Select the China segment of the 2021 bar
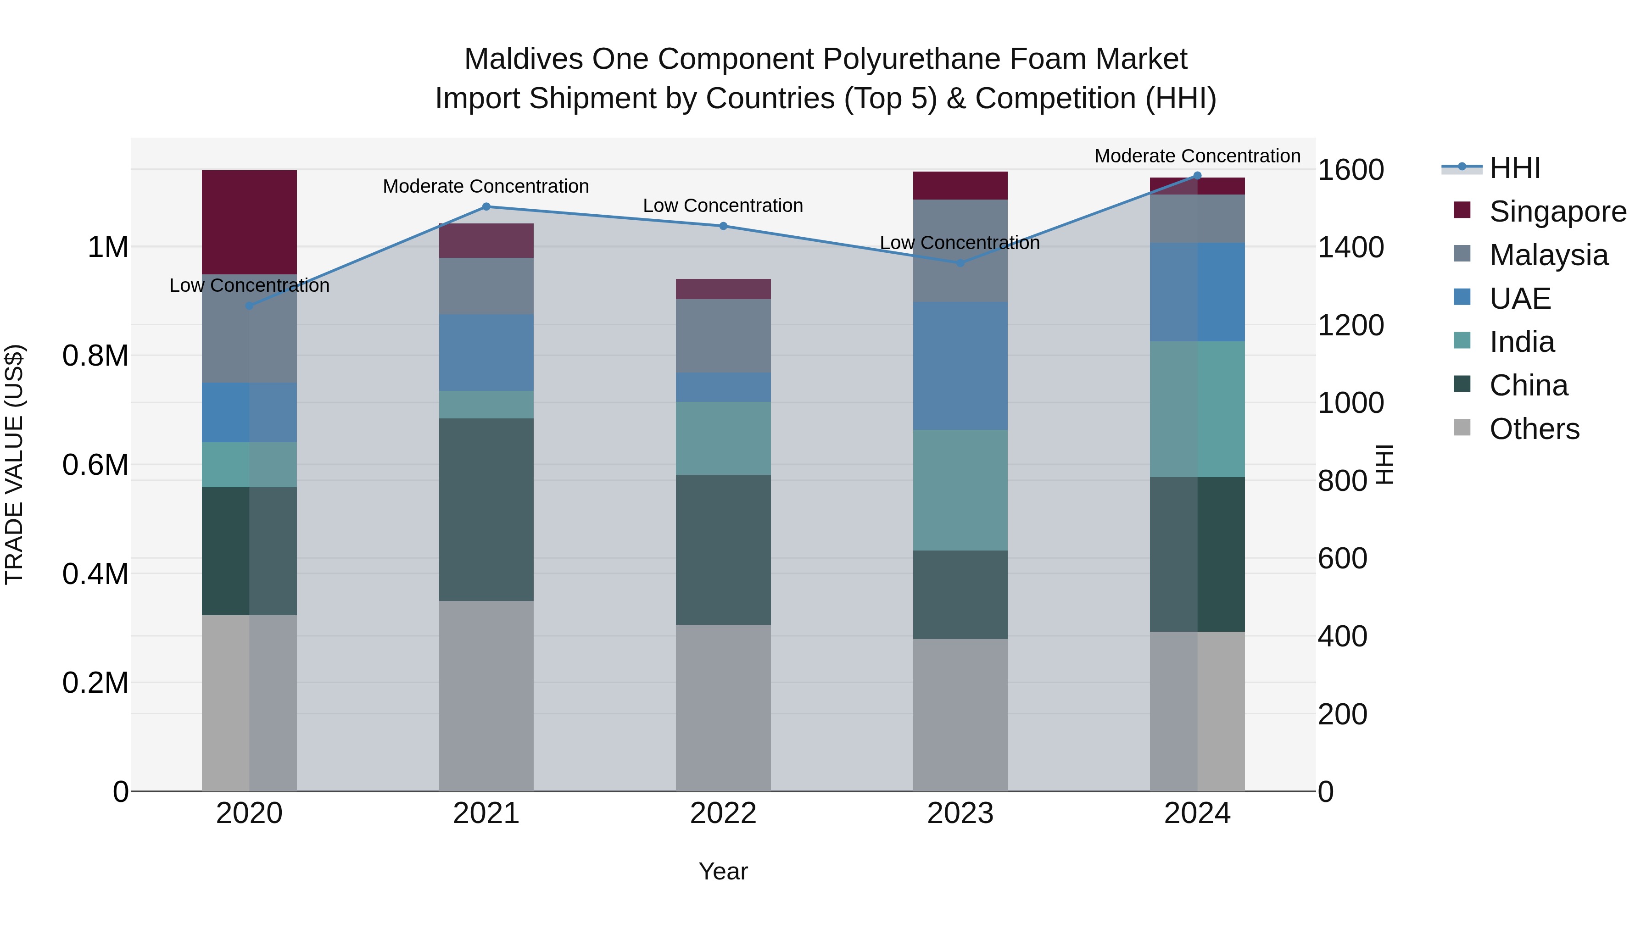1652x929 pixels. tap(486, 509)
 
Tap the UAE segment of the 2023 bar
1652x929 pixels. tap(960, 366)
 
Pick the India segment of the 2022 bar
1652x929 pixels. tap(723, 438)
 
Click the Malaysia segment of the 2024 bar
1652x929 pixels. tap(1197, 219)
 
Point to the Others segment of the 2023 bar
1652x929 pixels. tap(960, 714)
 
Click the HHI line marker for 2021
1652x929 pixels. tap(486, 206)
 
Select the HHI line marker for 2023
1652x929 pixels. tap(960, 262)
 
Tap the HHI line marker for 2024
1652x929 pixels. tap(1197, 176)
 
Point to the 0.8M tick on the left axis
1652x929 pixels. tap(95, 356)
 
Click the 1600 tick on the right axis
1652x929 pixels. tap(1351, 170)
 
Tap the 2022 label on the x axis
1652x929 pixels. tap(723, 813)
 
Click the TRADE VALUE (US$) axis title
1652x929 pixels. tap(15, 464)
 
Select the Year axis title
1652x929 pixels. tap(723, 871)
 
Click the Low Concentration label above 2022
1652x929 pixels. tap(723, 206)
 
